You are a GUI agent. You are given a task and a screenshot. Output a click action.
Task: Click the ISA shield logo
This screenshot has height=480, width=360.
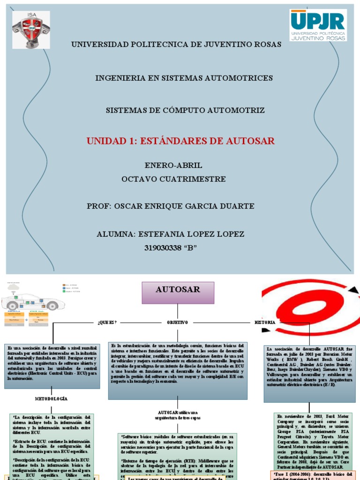pyautogui.click(x=31, y=29)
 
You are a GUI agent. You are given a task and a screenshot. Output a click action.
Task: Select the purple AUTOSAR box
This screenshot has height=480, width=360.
pyautogui.click(x=178, y=292)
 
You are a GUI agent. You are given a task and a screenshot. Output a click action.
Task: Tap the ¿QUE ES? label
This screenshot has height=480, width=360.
pyautogui.click(x=107, y=322)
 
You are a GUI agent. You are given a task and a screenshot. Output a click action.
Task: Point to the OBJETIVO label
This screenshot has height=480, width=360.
pyautogui.click(x=178, y=322)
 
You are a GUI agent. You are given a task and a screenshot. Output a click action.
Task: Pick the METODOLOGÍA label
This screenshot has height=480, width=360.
pyautogui.click(x=52, y=398)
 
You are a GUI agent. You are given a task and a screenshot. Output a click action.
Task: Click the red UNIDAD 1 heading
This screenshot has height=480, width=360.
pyautogui.click(x=181, y=141)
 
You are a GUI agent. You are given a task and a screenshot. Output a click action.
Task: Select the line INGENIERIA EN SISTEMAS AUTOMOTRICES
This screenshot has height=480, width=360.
pyautogui.click(x=184, y=78)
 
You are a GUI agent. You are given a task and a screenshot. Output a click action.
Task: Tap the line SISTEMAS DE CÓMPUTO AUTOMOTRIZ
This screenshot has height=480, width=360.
pyautogui.click(x=185, y=111)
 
